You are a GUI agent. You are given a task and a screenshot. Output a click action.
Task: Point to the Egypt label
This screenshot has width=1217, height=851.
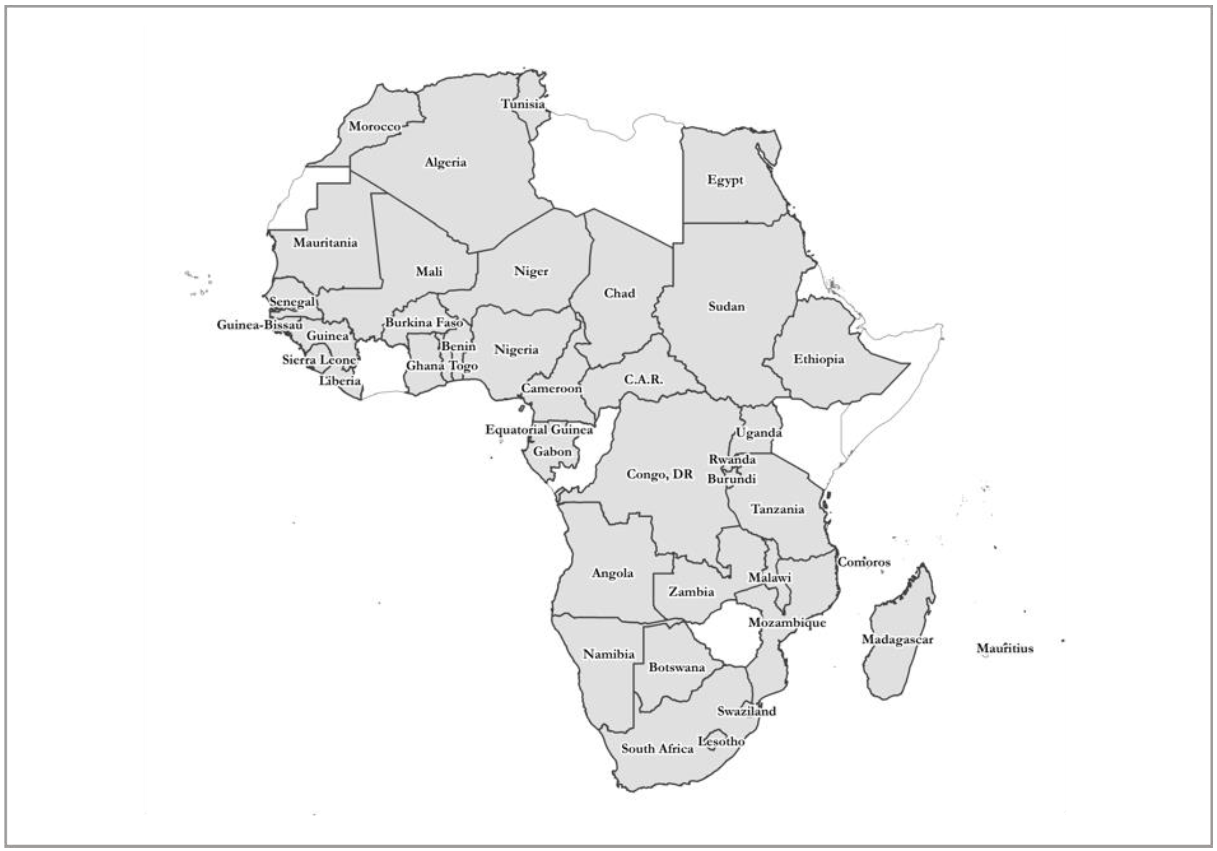[x=725, y=180]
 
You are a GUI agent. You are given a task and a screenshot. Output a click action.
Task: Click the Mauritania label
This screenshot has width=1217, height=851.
[x=325, y=243]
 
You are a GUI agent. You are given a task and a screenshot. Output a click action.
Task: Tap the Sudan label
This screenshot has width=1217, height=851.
[x=726, y=307]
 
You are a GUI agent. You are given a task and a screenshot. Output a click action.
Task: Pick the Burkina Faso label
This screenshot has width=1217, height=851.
[x=424, y=323]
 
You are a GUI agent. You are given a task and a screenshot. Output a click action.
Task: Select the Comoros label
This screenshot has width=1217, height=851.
[x=864, y=562]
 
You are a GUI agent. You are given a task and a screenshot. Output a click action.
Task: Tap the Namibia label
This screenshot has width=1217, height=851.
[x=608, y=654]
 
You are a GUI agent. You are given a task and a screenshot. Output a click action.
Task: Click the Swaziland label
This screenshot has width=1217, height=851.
[x=746, y=712]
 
